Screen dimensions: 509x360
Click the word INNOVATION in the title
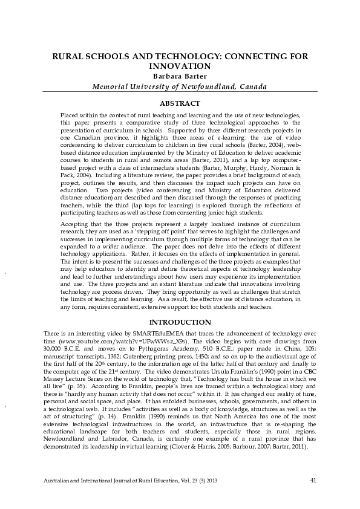click(x=180, y=66)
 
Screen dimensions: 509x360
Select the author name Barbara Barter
click(x=180, y=76)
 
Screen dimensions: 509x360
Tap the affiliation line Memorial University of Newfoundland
click(x=179, y=86)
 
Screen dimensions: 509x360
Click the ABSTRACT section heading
click(x=180, y=103)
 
